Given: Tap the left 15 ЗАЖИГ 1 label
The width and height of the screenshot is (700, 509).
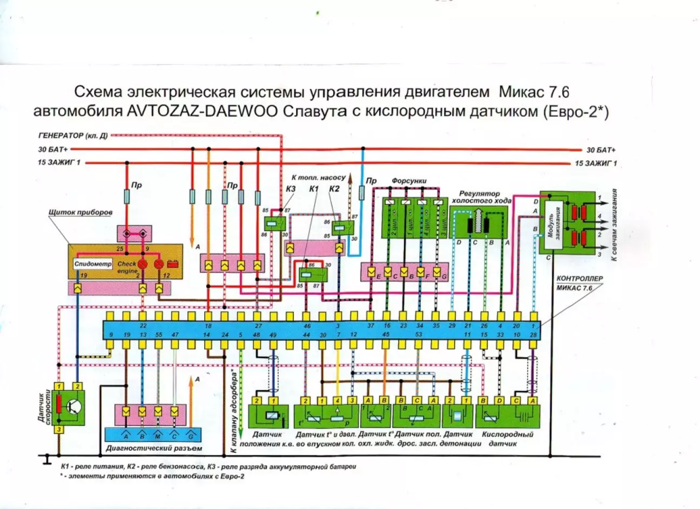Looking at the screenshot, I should [x=59, y=163].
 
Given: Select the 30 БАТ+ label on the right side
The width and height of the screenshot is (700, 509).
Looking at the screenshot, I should [x=601, y=150].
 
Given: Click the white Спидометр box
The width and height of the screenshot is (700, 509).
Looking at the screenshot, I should [x=93, y=264].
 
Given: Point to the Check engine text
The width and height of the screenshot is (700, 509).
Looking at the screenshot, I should [x=127, y=267].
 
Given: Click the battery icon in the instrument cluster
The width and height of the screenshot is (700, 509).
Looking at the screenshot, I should [x=173, y=264].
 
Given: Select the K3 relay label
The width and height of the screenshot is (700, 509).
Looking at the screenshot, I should [x=291, y=189].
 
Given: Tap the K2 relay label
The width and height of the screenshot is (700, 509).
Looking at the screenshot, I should [x=334, y=188].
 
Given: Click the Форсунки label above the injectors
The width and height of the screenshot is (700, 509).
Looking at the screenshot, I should [x=409, y=181].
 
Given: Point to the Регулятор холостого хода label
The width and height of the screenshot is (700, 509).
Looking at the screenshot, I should [x=480, y=197].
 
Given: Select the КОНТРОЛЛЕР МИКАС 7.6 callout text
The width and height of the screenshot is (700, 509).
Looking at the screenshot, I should [x=579, y=283].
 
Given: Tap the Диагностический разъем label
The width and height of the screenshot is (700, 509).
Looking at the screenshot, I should [x=154, y=448].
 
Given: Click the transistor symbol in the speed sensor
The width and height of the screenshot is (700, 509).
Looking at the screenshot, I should [x=74, y=407].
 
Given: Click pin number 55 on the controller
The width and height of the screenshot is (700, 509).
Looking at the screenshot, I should [x=158, y=335].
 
